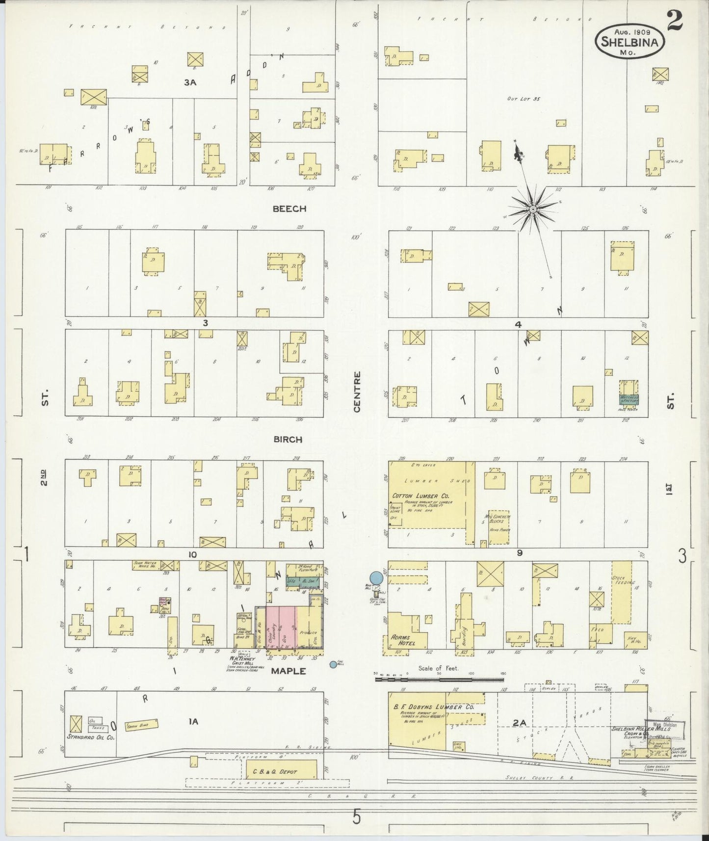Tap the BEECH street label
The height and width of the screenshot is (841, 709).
289,209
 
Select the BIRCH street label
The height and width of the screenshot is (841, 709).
288,440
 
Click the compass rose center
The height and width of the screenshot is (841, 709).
532,210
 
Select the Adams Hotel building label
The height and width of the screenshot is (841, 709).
403,639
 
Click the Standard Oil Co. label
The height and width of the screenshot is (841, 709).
91,737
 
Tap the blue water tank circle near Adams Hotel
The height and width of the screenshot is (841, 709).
376,578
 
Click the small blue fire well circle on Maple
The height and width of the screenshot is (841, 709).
333,664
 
